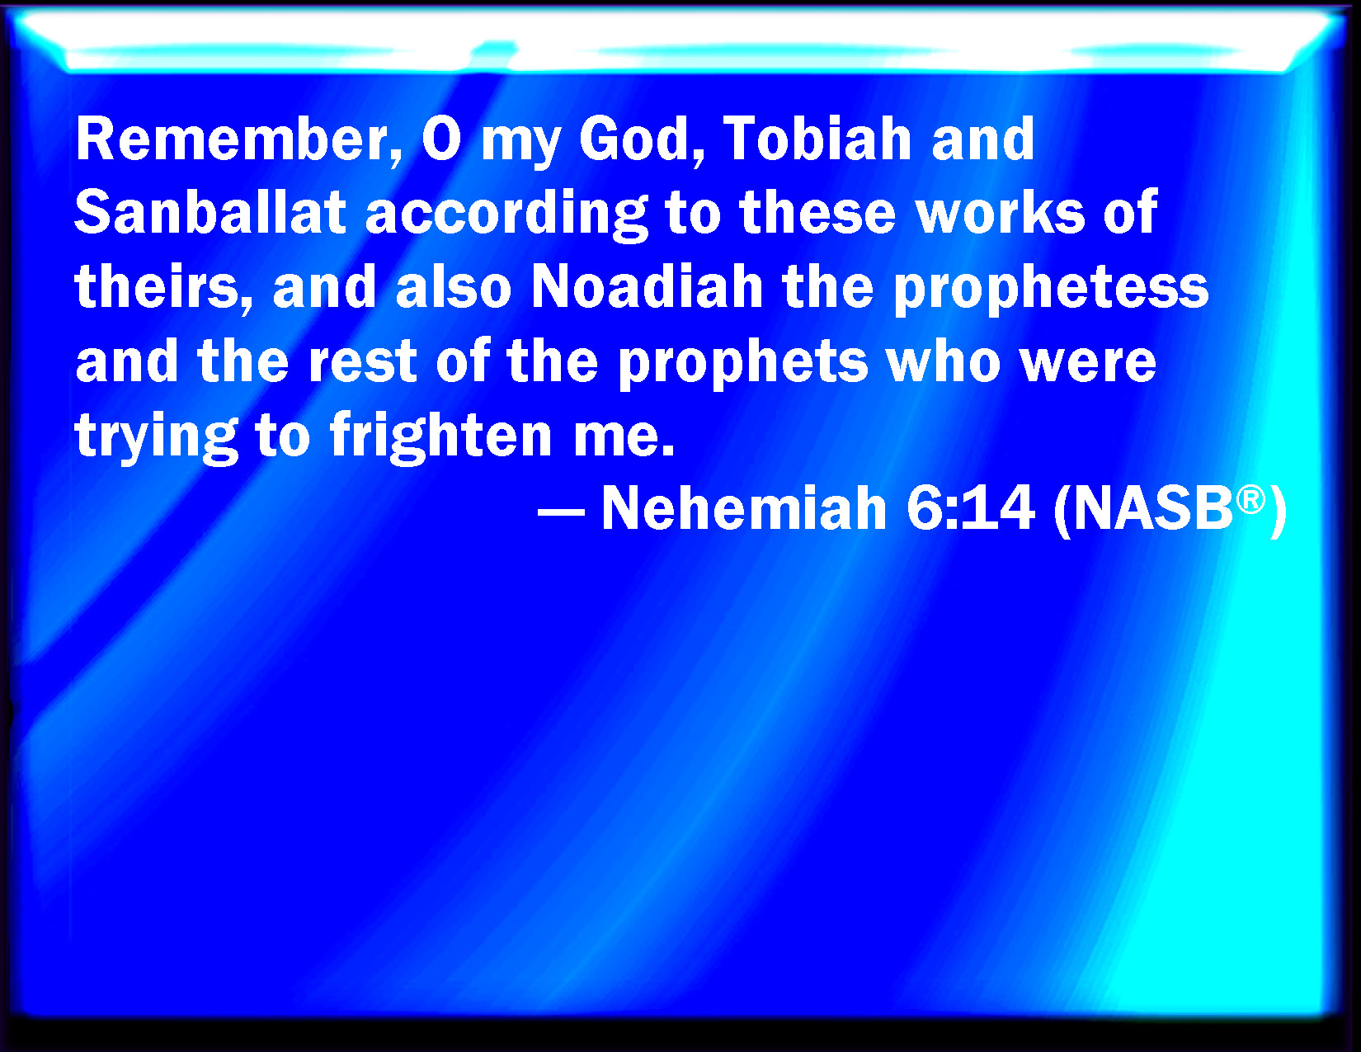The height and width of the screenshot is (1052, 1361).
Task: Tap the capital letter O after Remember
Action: point(441,139)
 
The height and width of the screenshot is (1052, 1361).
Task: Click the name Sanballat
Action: point(210,212)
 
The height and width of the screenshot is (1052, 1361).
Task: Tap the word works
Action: point(1001,212)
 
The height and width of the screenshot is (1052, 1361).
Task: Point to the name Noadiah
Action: point(648,286)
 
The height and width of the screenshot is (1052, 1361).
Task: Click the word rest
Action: point(363,361)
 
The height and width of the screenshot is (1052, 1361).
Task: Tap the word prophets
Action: point(743,363)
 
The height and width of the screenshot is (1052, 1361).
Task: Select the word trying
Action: point(157,436)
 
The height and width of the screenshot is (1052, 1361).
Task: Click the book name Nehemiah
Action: point(744,508)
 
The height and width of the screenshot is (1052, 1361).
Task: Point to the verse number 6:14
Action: point(970,508)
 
